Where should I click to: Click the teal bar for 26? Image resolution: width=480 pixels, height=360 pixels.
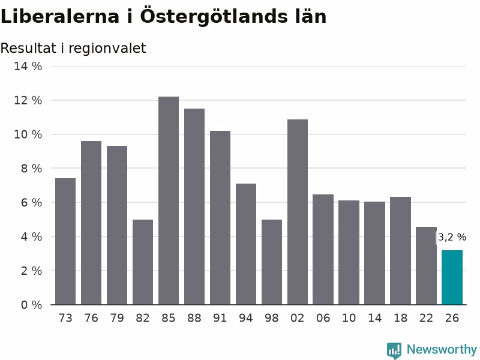452,277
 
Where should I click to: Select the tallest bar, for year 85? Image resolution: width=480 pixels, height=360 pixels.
169,200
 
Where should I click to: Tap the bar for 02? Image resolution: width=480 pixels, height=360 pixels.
298,212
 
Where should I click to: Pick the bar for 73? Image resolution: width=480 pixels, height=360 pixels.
65,241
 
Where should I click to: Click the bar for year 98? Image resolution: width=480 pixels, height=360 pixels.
272,262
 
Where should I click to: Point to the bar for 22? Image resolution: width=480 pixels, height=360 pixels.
426,266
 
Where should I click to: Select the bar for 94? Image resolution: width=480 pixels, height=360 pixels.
246,244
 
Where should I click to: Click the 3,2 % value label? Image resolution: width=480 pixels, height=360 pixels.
452,237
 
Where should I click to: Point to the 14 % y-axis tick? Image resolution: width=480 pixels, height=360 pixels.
28,66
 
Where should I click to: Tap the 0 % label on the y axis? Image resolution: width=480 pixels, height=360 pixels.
31,305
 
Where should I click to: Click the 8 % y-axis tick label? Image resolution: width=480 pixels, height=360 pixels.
31,169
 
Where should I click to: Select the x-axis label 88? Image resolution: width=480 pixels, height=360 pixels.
194,318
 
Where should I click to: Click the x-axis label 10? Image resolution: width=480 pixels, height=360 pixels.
349,318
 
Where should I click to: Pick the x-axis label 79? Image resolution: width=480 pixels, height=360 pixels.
117,318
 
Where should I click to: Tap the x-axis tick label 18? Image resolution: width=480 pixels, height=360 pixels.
400,318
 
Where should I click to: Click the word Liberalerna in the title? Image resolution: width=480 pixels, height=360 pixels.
60,16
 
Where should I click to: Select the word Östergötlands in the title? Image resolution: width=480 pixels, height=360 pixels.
214,16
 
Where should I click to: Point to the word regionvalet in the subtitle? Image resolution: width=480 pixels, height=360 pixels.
107,49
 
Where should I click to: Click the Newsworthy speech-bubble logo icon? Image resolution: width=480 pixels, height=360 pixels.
394,350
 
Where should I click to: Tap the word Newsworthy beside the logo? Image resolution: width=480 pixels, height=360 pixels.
442,349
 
